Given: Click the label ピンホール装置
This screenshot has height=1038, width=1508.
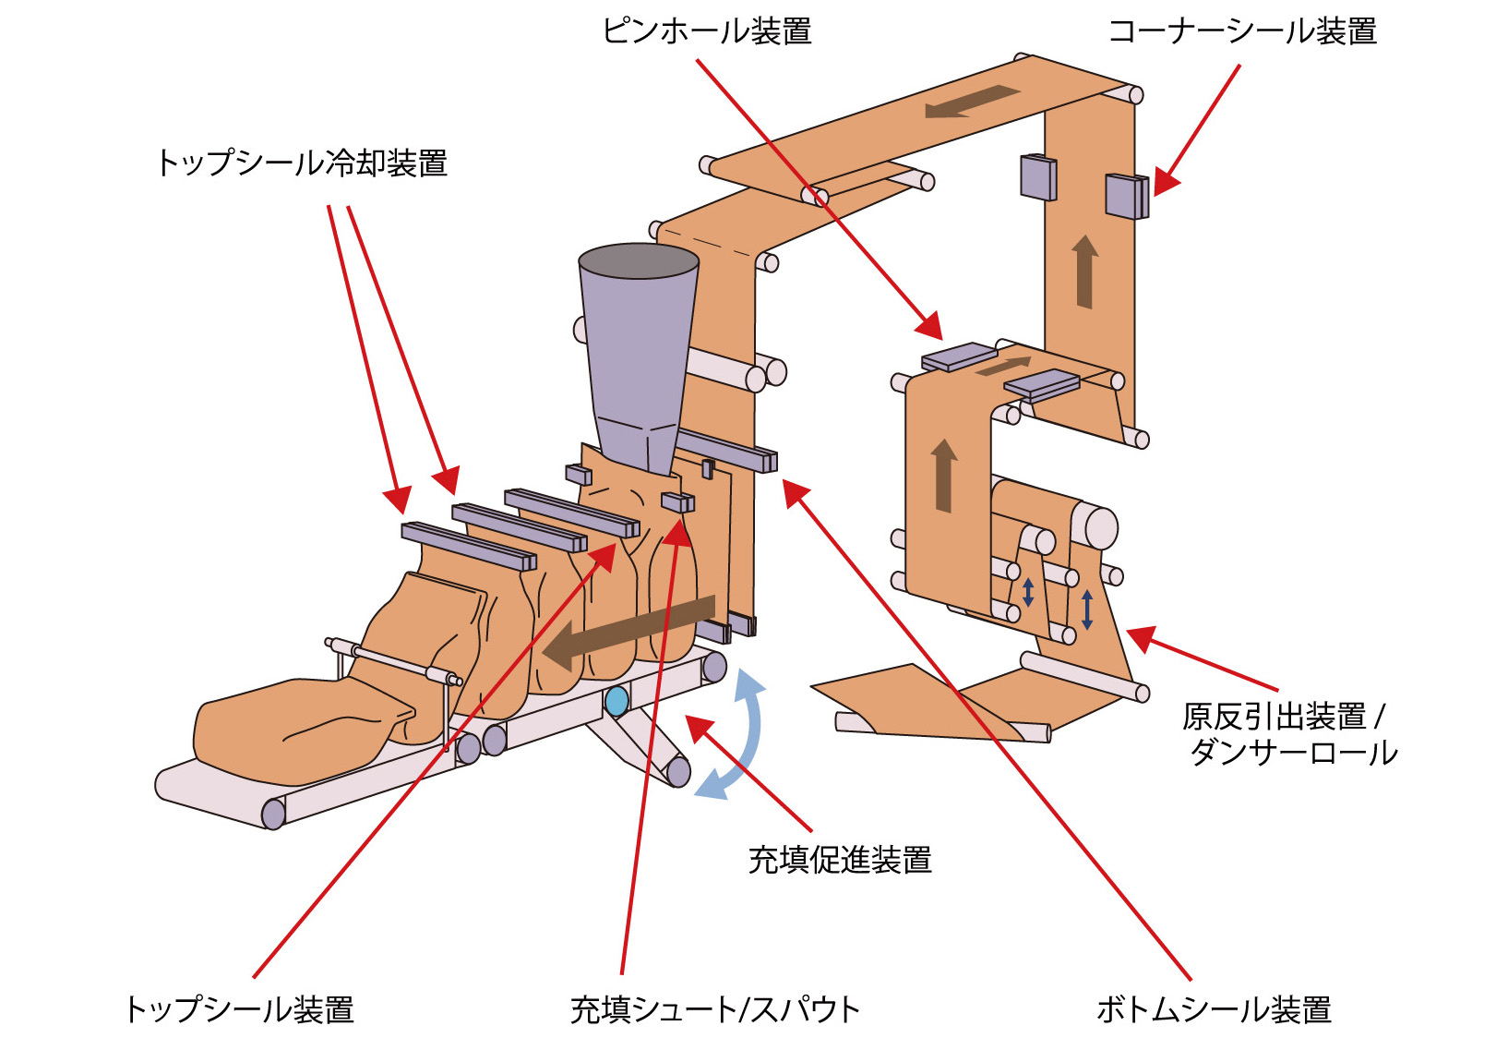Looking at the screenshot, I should pyautogui.click(x=706, y=31).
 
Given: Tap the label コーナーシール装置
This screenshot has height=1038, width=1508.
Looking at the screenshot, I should pyautogui.click(x=1241, y=31).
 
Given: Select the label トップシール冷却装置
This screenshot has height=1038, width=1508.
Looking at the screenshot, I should pyautogui.click(x=302, y=163).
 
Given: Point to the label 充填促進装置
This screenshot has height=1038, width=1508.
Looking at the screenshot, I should pyautogui.click(x=839, y=860).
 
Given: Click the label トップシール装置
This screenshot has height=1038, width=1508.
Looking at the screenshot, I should pyautogui.click(x=239, y=1008).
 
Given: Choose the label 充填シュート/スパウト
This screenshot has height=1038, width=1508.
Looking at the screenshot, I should pyautogui.click(x=714, y=1008).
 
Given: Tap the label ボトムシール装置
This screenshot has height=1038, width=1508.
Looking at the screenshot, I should pyautogui.click(x=1213, y=1008).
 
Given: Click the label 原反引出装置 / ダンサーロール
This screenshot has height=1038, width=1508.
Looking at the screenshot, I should pyautogui.click(x=1289, y=734).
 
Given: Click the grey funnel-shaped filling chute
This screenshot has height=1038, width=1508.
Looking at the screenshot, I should pyautogui.click(x=638, y=351).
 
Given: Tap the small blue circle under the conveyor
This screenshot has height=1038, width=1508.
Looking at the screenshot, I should pyautogui.click(x=616, y=701).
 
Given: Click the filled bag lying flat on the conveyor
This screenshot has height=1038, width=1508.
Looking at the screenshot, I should pyautogui.click(x=295, y=725).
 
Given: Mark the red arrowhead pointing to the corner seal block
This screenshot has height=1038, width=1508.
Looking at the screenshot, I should pyautogui.click(x=1165, y=183).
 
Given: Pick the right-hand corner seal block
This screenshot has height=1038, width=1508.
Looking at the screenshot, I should pyautogui.click(x=1127, y=196).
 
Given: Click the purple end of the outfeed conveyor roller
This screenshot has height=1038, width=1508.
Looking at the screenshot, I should pyautogui.click(x=273, y=814).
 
